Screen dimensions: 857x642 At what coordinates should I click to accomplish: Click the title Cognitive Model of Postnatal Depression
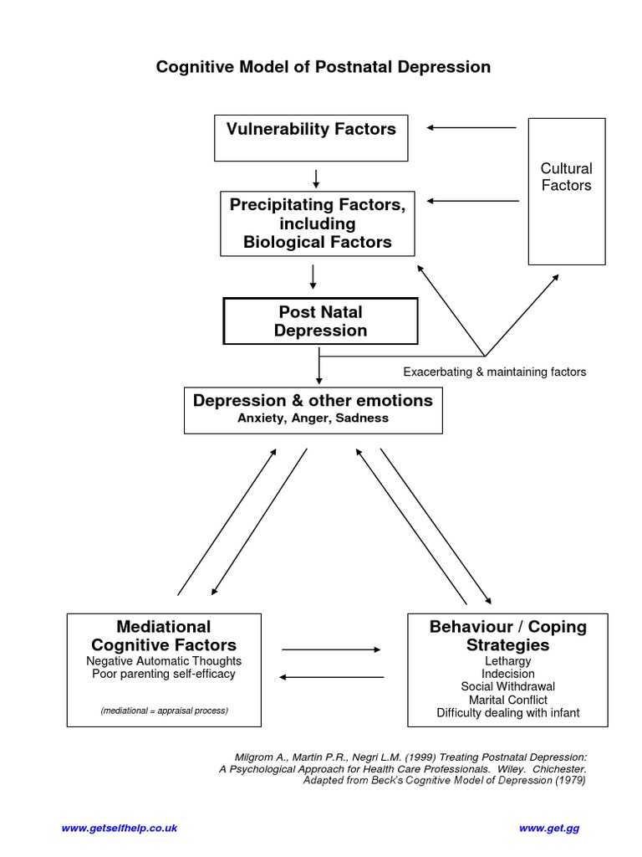tap(323, 67)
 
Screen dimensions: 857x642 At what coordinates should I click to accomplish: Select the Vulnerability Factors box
tap(311, 138)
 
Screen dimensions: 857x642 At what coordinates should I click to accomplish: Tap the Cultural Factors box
tap(566, 191)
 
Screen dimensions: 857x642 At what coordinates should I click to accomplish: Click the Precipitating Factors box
tap(317, 223)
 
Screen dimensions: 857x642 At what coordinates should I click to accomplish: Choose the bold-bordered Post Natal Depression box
tap(320, 321)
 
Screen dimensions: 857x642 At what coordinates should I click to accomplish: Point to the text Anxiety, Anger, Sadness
tap(313, 418)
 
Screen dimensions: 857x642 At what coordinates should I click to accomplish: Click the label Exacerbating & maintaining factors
tap(494, 372)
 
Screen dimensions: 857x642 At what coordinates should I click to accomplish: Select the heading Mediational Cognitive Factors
tap(164, 636)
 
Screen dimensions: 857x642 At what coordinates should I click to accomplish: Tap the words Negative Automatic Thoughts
tap(164, 660)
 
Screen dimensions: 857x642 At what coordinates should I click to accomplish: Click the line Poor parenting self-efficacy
tap(164, 674)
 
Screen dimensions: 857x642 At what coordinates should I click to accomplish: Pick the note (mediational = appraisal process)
tap(164, 711)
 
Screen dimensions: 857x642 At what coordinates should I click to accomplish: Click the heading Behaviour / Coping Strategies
tap(507, 636)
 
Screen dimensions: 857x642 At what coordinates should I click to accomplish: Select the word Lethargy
tap(507, 661)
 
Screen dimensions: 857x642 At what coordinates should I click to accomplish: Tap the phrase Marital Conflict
tap(507, 700)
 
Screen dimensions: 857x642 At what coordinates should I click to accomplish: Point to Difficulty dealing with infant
tap(507, 713)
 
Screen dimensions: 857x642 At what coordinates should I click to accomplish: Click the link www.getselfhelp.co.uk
tap(120, 828)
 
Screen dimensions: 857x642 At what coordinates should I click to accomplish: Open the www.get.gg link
tap(548, 828)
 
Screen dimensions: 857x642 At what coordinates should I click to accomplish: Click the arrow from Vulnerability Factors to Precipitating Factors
tap(316, 177)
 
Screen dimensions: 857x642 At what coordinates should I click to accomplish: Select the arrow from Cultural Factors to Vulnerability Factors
tap(471, 128)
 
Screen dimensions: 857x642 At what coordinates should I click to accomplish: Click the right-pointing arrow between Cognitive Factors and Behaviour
tap(331, 649)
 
